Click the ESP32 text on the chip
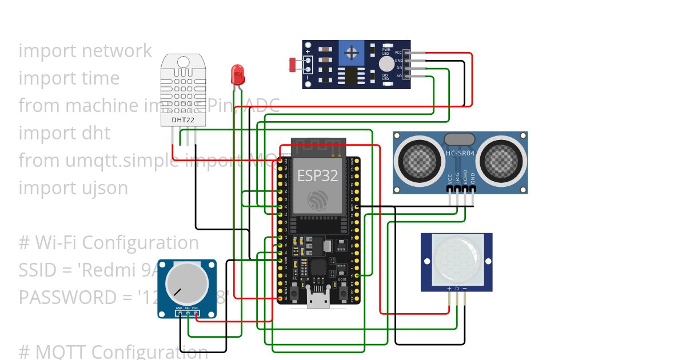click(317, 175)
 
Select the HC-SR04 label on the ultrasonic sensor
click(461, 153)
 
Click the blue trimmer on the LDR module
click(351, 53)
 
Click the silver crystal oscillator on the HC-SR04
click(459, 139)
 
